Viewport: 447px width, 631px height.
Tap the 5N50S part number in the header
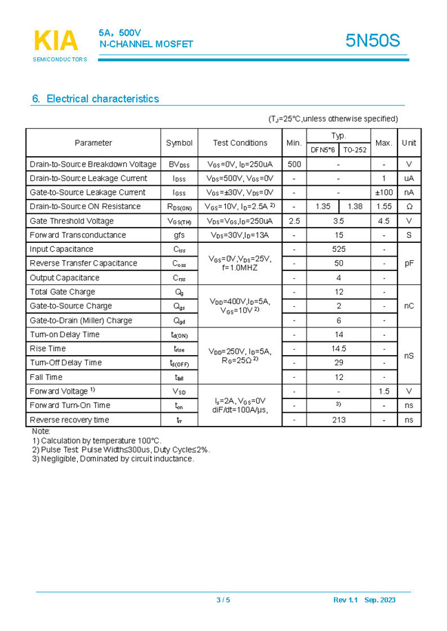(x=372, y=41)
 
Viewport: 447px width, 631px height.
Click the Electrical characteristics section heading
(x=96, y=99)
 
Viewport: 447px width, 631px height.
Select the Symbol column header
(x=179, y=143)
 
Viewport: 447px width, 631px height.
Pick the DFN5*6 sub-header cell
(x=322, y=149)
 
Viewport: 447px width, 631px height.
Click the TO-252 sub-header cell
(x=355, y=149)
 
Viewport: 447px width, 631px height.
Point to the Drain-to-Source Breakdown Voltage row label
(x=93, y=164)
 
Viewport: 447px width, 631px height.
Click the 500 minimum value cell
(x=294, y=164)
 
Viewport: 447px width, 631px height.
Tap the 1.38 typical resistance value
(x=355, y=206)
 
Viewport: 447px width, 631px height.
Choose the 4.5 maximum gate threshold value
(x=384, y=221)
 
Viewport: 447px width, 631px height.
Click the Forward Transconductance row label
(x=78, y=235)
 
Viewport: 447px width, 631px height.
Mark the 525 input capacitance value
(x=338, y=249)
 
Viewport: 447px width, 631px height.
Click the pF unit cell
(x=409, y=264)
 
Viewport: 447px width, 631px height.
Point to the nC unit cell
(x=409, y=306)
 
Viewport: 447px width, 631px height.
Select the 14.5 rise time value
(x=338, y=349)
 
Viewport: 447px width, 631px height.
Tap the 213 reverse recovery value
(x=338, y=420)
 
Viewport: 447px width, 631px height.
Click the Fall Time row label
(x=46, y=377)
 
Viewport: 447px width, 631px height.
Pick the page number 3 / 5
(x=223, y=600)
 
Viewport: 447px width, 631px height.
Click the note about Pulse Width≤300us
(x=121, y=450)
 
